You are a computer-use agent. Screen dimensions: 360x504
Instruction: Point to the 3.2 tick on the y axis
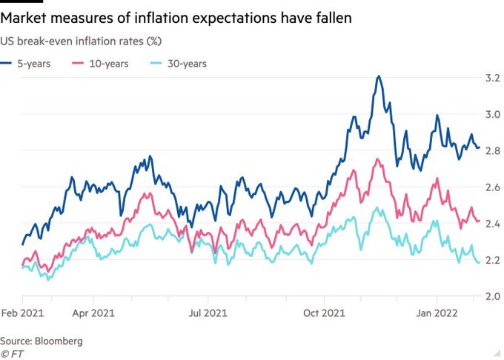[492, 78]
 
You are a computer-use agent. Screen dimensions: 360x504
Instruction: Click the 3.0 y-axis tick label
[492, 114]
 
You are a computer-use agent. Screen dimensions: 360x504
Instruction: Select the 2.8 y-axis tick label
[492, 150]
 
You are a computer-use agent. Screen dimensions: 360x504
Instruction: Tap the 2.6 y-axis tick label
[492, 187]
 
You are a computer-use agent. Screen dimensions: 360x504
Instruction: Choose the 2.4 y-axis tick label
[492, 224]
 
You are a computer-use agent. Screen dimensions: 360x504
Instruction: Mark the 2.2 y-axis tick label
[492, 260]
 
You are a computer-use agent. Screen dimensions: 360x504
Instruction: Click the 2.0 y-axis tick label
[492, 296]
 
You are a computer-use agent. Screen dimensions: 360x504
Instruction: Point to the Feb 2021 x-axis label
[23, 314]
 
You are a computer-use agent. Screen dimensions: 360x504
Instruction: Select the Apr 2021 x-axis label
[93, 314]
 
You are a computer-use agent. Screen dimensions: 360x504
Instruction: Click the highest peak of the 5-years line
[379, 76]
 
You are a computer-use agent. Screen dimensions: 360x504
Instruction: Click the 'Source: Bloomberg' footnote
[42, 341]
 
